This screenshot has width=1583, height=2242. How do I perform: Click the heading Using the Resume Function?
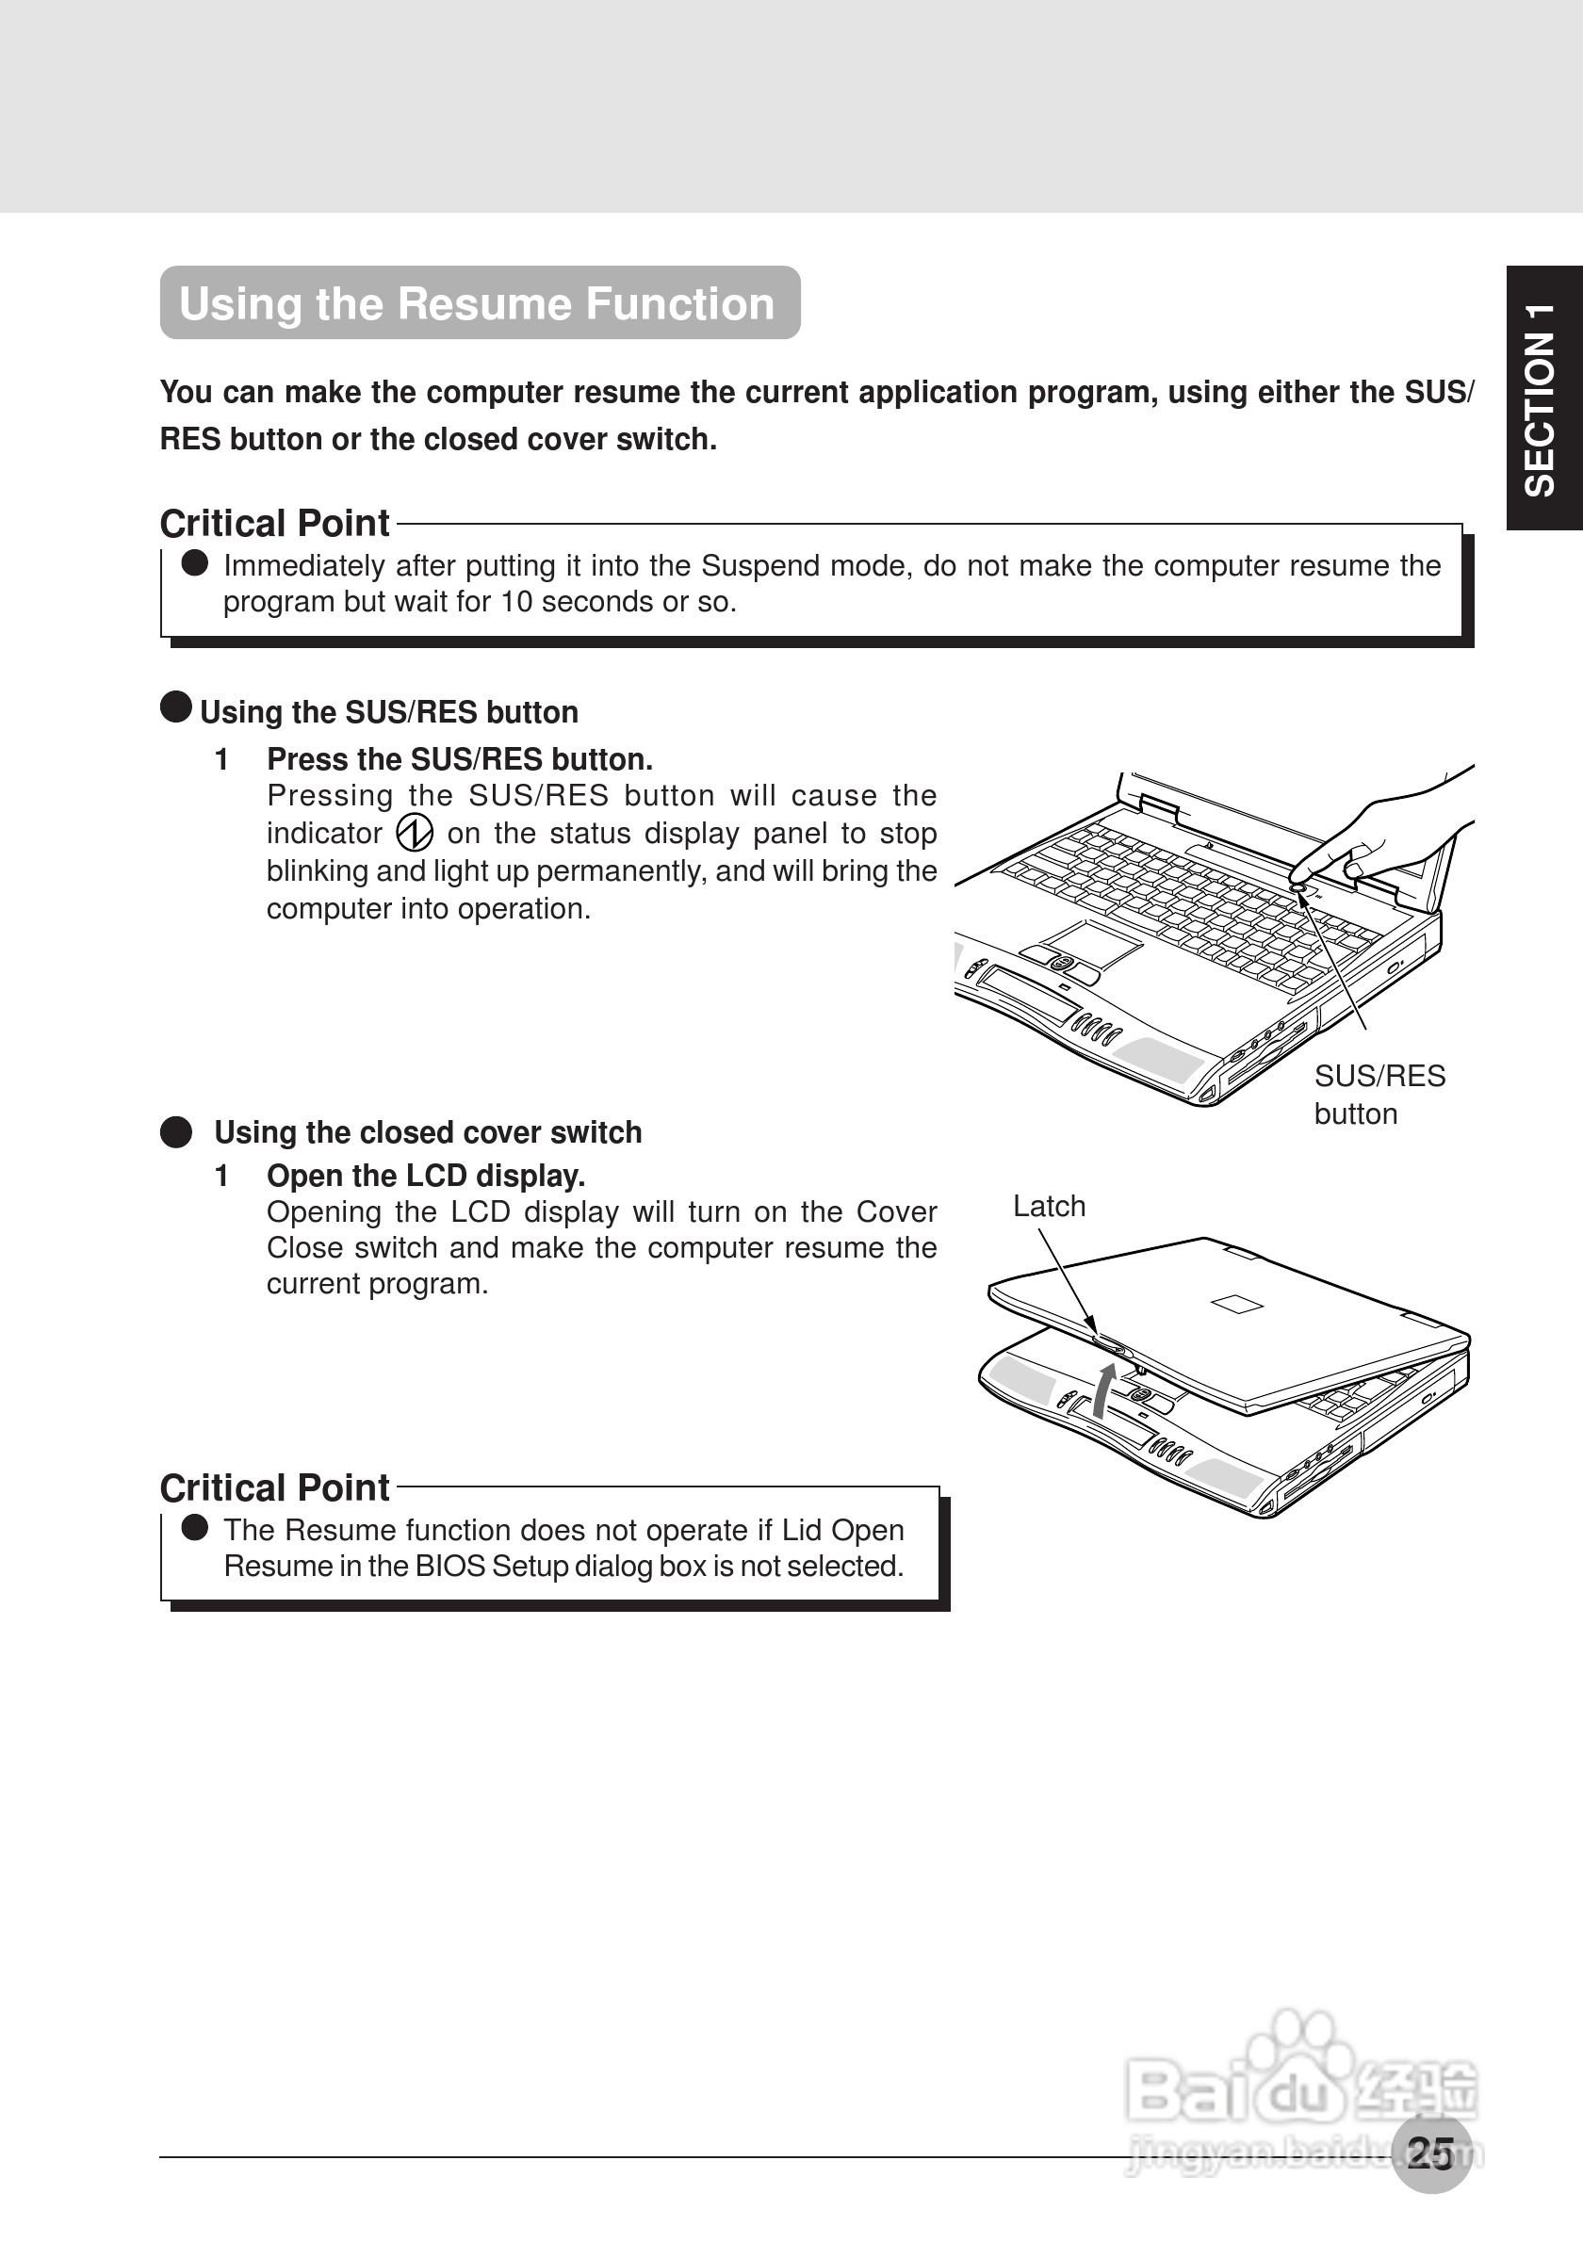(x=478, y=303)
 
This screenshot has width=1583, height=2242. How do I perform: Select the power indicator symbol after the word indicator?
(x=415, y=833)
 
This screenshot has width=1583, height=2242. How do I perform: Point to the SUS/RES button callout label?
(x=1378, y=1094)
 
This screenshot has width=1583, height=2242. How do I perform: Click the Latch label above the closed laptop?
(x=1049, y=1206)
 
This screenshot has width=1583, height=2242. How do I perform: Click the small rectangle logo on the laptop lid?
(x=1236, y=1304)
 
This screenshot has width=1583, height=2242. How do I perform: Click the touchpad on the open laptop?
(x=1093, y=943)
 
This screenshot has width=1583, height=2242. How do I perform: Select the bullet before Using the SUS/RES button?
(x=176, y=707)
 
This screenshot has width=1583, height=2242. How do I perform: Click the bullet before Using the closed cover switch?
(x=176, y=1132)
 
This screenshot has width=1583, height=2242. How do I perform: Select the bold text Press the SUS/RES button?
(x=459, y=758)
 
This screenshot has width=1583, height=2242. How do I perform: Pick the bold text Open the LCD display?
(x=426, y=1176)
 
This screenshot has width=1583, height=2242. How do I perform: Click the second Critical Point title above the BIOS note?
(x=274, y=1488)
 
